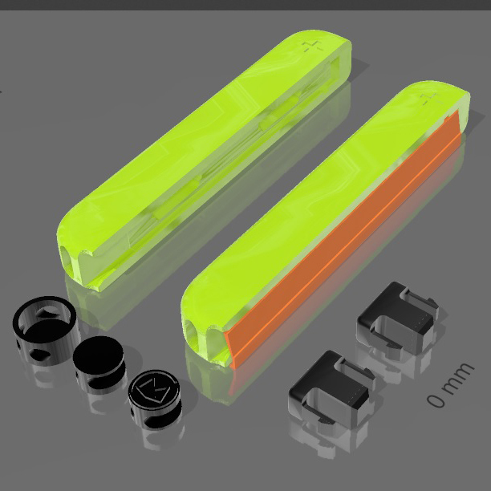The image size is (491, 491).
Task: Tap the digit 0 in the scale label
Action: coord(436,400)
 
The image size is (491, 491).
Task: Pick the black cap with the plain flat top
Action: coord(99,363)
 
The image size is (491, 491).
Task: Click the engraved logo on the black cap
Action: coord(154,390)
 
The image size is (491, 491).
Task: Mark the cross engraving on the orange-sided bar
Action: coord(430,99)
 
